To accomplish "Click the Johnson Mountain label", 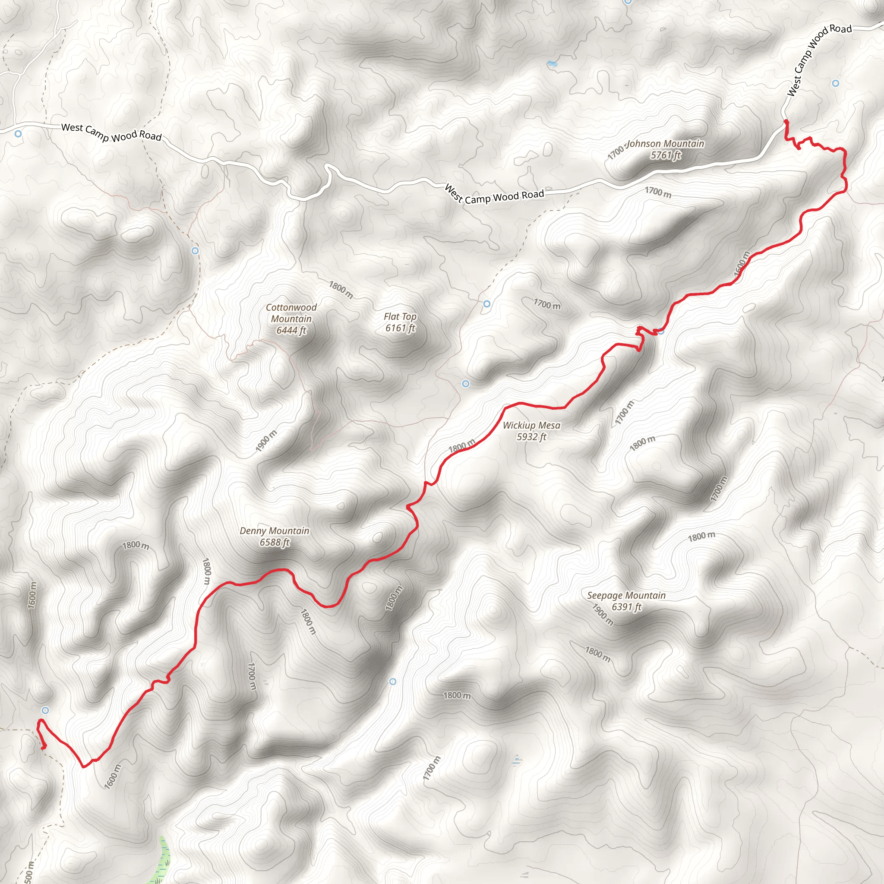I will tap(666, 144).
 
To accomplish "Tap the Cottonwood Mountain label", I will tap(291, 313).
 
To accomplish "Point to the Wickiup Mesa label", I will tap(531, 425).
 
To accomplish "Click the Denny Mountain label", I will tap(275, 531).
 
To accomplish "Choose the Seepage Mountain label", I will tap(626, 595).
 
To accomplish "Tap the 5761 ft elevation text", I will tap(666, 155).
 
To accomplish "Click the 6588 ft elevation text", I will tap(275, 542).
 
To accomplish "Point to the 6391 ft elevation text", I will tap(626, 607).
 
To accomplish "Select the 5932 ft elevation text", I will tap(531, 436).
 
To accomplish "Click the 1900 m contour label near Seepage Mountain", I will tap(603, 615).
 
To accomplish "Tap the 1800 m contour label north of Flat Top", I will tap(341, 289).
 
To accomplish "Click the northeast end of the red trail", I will tap(786, 121).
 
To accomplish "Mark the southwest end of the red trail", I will tap(44, 748).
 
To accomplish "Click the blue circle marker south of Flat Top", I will tap(466, 383).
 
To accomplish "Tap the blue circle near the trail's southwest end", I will tap(45, 710).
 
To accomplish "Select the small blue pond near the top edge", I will tap(552, 63).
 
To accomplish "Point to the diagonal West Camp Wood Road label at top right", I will tap(818, 60).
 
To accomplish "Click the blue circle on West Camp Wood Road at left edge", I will tap(18, 134).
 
